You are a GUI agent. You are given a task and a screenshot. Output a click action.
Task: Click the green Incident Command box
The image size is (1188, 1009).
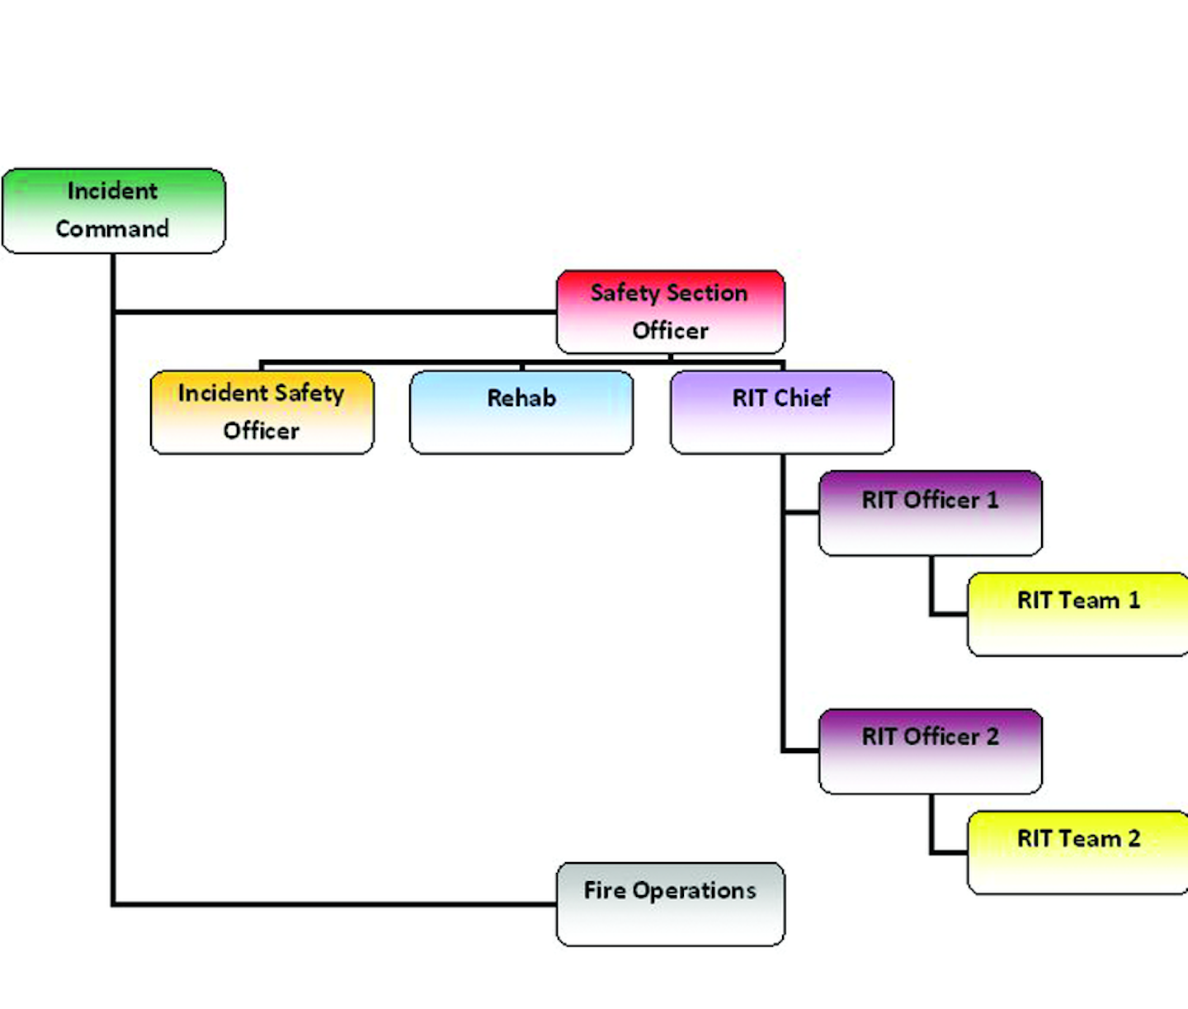coord(114,211)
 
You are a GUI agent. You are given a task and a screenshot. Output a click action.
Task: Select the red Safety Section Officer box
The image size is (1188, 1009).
coord(670,312)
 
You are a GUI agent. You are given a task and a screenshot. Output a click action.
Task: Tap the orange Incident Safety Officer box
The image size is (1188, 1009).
coord(262,412)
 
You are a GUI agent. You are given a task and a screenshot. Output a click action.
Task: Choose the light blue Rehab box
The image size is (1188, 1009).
coord(521,412)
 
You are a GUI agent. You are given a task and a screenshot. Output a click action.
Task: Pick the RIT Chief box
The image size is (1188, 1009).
coord(781,412)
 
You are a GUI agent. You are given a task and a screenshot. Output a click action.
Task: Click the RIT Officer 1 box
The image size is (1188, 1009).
coord(930,513)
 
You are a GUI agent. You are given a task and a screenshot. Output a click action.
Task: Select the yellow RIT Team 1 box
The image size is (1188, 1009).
coord(1077,615)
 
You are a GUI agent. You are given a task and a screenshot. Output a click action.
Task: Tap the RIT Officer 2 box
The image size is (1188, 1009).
coord(930,751)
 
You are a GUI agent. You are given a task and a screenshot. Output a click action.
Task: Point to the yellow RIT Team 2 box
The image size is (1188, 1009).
coord(1077,852)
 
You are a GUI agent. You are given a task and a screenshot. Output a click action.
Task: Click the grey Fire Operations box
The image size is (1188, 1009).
coord(670,904)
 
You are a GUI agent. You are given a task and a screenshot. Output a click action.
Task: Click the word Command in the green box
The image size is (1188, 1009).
coord(112,229)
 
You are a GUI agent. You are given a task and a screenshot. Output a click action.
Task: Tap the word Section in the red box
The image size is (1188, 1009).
coord(707,293)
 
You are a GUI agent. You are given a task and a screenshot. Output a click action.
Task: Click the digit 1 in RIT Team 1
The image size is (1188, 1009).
coord(1134,600)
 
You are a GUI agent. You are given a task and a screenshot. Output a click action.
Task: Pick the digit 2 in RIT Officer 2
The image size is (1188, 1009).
coord(992,736)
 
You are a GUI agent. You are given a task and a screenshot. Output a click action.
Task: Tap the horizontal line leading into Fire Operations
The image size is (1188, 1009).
coord(330,904)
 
